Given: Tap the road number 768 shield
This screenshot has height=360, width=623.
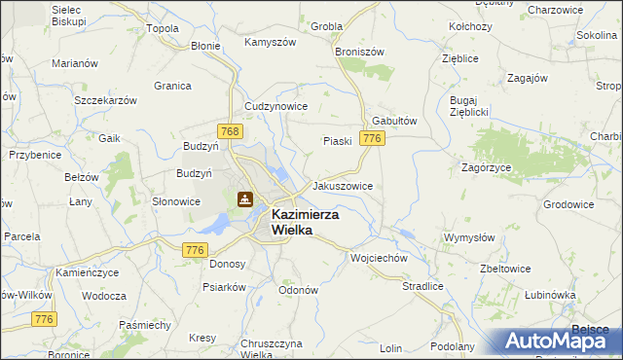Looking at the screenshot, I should [230, 131].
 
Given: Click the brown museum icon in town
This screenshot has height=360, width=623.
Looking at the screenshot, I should [244, 199].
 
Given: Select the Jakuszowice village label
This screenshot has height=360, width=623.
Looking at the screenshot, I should [342, 185].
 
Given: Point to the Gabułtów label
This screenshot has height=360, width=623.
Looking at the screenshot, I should [394, 121].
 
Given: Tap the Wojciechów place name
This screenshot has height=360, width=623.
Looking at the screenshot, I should [378, 259].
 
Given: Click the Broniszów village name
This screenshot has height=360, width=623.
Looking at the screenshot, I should [360, 51].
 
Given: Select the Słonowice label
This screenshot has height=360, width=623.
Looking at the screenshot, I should [176, 201].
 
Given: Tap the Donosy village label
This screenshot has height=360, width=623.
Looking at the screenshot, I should [227, 264].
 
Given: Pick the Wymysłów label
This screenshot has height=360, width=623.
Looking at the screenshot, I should [469, 237].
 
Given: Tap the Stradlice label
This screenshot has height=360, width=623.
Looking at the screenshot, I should [422, 287].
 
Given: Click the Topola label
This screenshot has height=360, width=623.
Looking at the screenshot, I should [163, 28].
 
